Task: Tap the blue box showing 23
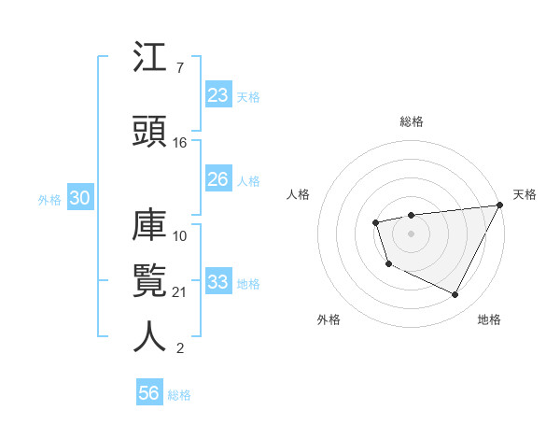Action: pyautogui.click(x=218, y=95)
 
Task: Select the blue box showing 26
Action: pyautogui.click(x=218, y=179)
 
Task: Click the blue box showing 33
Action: pyautogui.click(x=218, y=282)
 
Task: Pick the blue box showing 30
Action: pyautogui.click(x=79, y=198)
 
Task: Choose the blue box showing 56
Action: pyautogui.click(x=149, y=393)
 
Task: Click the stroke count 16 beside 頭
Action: pyautogui.click(x=180, y=143)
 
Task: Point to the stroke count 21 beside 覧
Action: pyautogui.click(x=180, y=292)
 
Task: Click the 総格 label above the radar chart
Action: pyautogui.click(x=412, y=121)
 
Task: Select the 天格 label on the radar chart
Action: pyautogui.click(x=525, y=194)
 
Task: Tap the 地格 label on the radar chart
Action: pyautogui.click(x=489, y=319)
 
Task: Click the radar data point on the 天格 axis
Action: pyautogui.click(x=499, y=205)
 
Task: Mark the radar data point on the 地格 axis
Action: pyautogui.click(x=455, y=295)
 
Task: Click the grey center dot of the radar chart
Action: pyautogui.click(x=412, y=233)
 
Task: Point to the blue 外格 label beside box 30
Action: pyautogui.click(x=49, y=199)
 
